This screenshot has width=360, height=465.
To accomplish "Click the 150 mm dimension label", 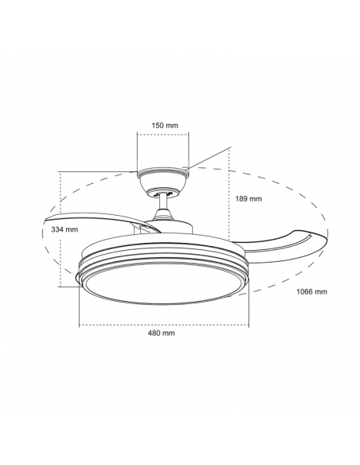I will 165,124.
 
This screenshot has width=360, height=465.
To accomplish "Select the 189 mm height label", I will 248,199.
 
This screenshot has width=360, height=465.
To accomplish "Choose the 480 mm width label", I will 163,333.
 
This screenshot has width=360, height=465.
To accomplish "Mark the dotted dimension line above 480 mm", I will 163,325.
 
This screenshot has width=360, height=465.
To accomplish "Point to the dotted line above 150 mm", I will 164,134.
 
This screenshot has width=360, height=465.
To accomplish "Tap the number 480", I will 157,333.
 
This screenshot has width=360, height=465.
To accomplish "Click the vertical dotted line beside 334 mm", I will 61,231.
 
